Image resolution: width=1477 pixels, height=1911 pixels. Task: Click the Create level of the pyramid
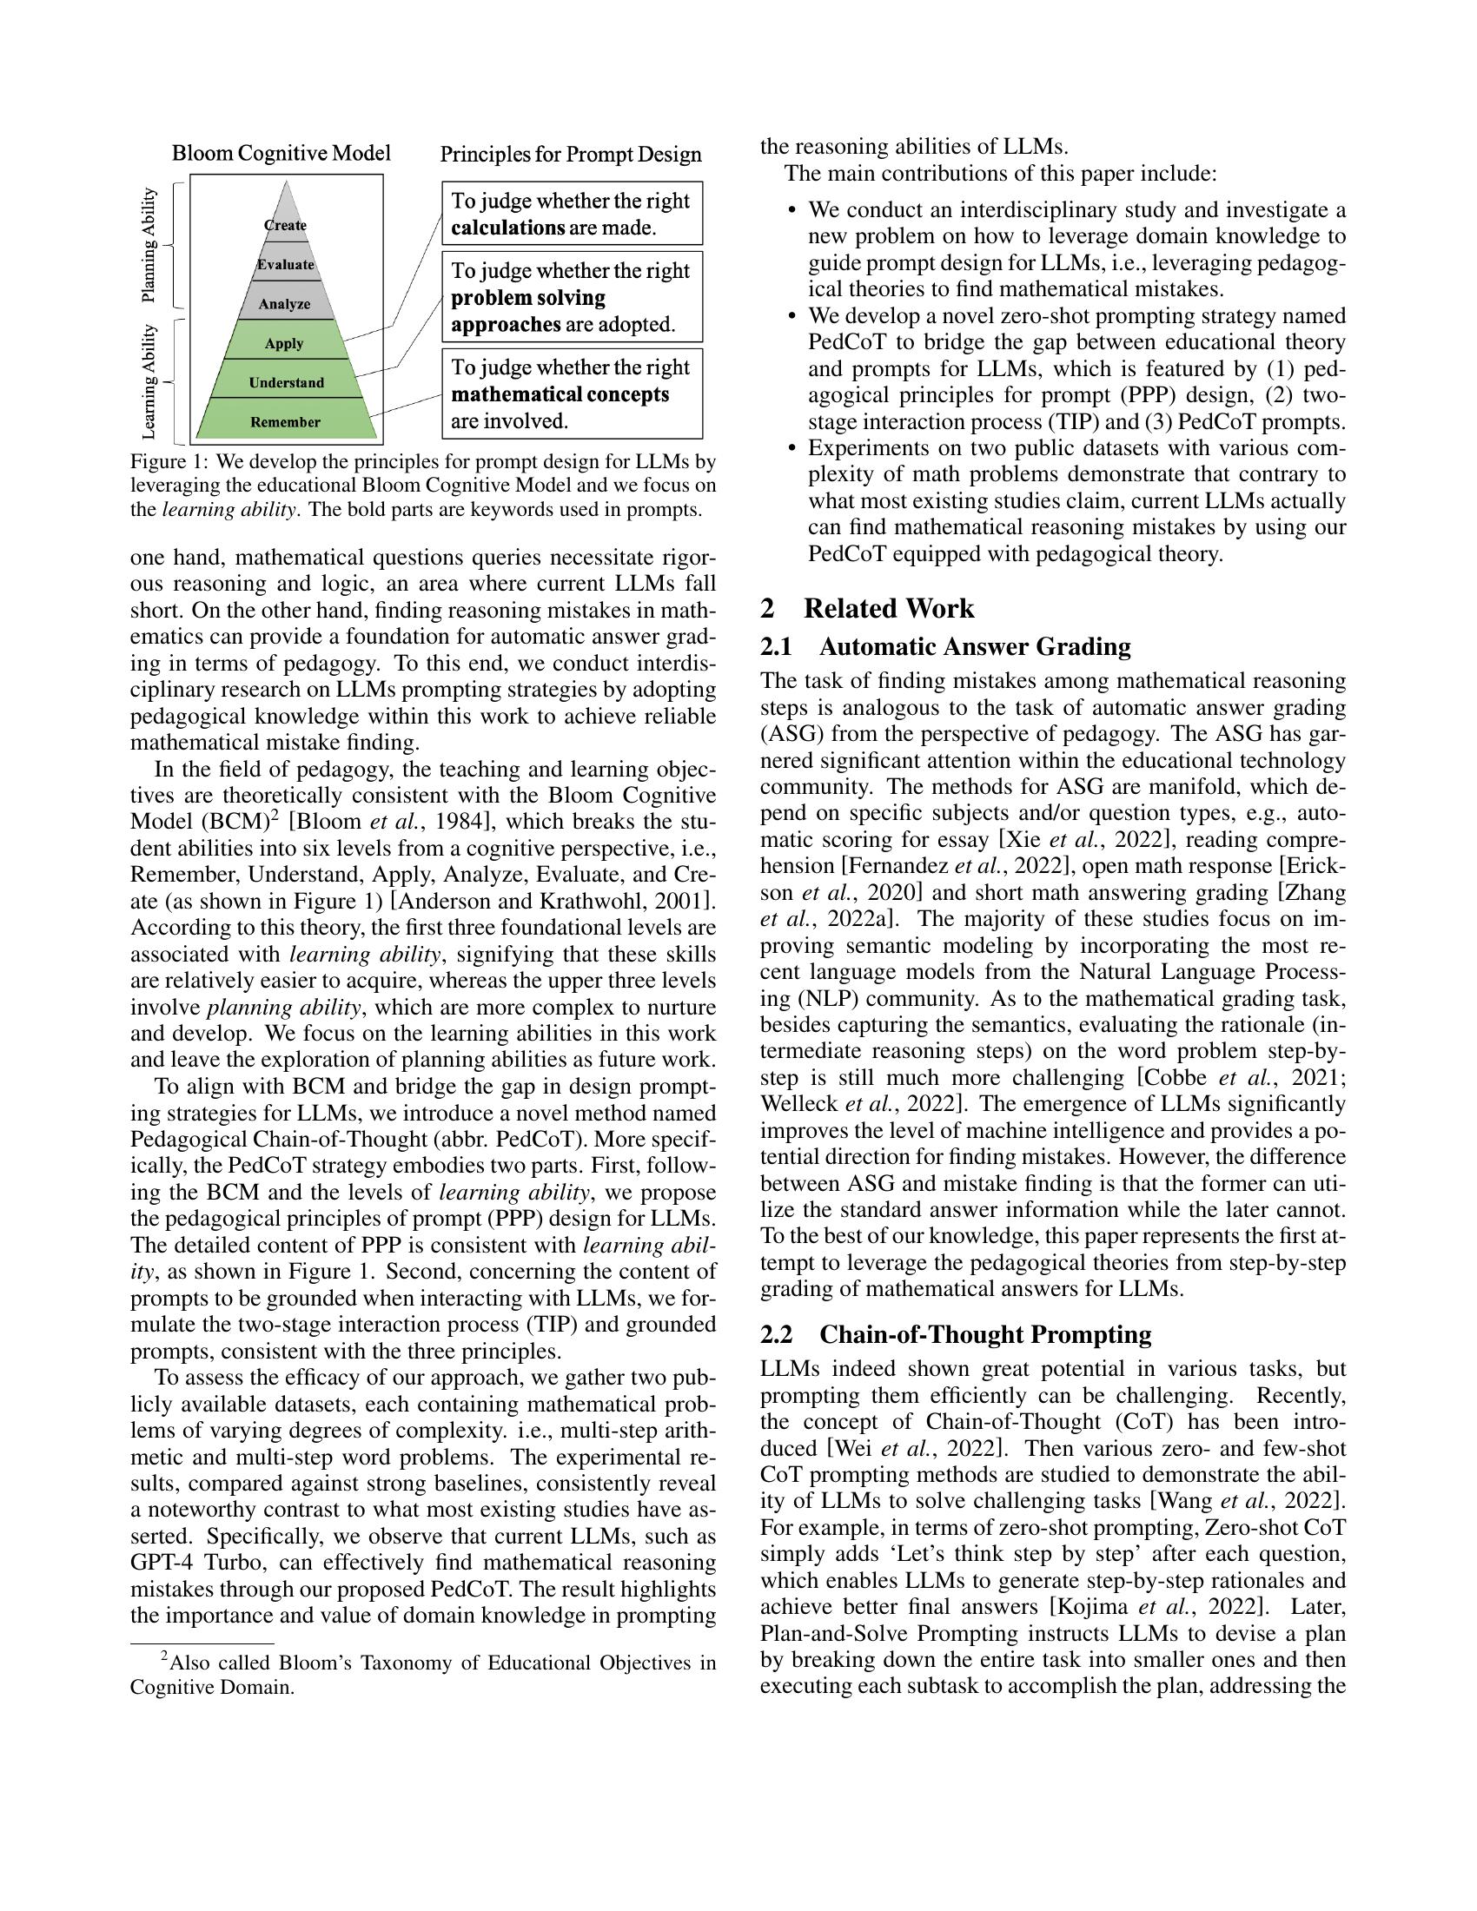285,225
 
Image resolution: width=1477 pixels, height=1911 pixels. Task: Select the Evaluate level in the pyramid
285,264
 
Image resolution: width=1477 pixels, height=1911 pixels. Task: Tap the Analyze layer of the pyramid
284,304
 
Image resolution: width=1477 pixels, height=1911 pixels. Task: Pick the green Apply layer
284,343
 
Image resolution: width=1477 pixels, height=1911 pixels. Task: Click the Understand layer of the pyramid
286,382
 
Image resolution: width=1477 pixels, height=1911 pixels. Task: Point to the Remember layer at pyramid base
285,422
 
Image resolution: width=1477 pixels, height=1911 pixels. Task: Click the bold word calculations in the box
507,228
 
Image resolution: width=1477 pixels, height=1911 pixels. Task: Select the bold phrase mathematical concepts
560,394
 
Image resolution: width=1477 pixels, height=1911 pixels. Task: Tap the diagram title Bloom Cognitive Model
281,154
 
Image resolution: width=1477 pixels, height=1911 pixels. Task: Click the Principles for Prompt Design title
571,155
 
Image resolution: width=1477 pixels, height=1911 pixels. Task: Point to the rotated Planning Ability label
149,245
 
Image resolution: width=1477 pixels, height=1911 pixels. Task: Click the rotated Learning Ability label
149,381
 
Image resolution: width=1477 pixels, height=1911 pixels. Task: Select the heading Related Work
887,608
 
